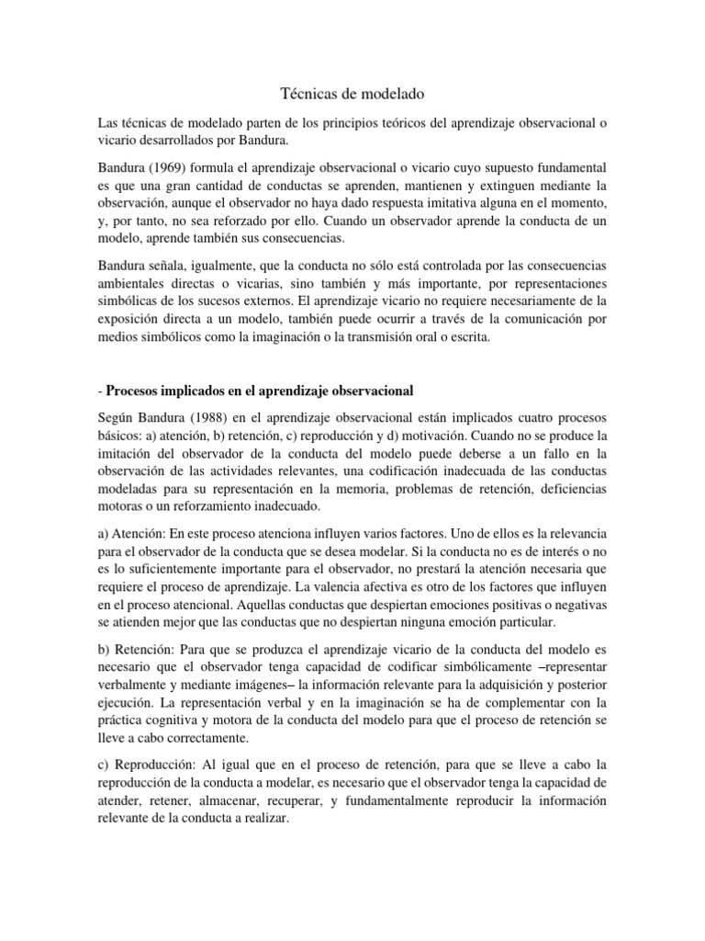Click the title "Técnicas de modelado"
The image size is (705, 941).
click(x=352, y=93)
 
